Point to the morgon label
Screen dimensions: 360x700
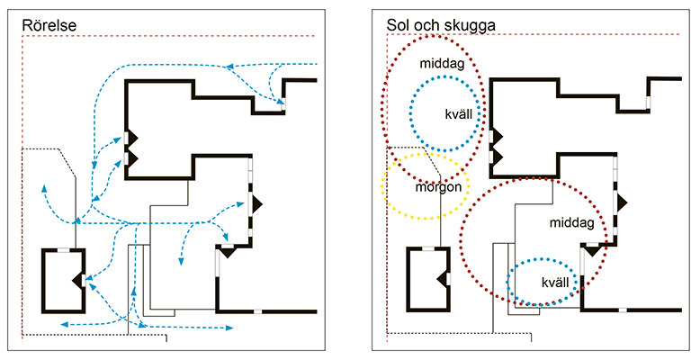tap(438, 188)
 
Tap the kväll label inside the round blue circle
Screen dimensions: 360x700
tap(460, 114)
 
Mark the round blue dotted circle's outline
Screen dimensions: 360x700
tap(410, 112)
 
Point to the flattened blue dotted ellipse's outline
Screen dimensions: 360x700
tap(509, 282)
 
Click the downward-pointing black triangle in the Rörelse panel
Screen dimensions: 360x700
tap(227, 252)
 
